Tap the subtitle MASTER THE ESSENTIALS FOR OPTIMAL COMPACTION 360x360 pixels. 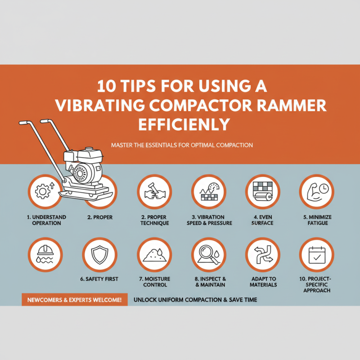pos(181,145)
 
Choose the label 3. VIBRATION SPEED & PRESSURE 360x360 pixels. pos(208,220)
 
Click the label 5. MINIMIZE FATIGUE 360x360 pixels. pos(317,220)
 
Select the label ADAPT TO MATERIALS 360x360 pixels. pos(262,282)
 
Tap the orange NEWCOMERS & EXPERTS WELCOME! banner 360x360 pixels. pos(74,300)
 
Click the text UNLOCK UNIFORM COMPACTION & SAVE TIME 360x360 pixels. pos(195,300)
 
